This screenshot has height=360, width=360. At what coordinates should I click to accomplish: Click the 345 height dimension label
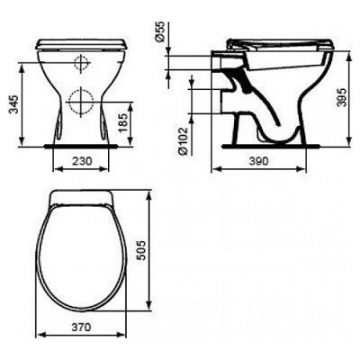(x=13, y=104)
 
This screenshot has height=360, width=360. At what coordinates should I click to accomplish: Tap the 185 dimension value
(x=123, y=122)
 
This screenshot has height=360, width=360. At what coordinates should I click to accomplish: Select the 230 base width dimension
(x=82, y=161)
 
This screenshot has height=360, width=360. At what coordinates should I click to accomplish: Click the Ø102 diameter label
(x=183, y=141)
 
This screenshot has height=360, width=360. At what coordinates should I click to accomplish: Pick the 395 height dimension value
(x=342, y=97)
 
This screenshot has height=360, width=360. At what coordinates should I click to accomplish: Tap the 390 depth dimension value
(x=258, y=161)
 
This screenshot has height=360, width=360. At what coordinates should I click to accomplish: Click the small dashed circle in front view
(x=82, y=63)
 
